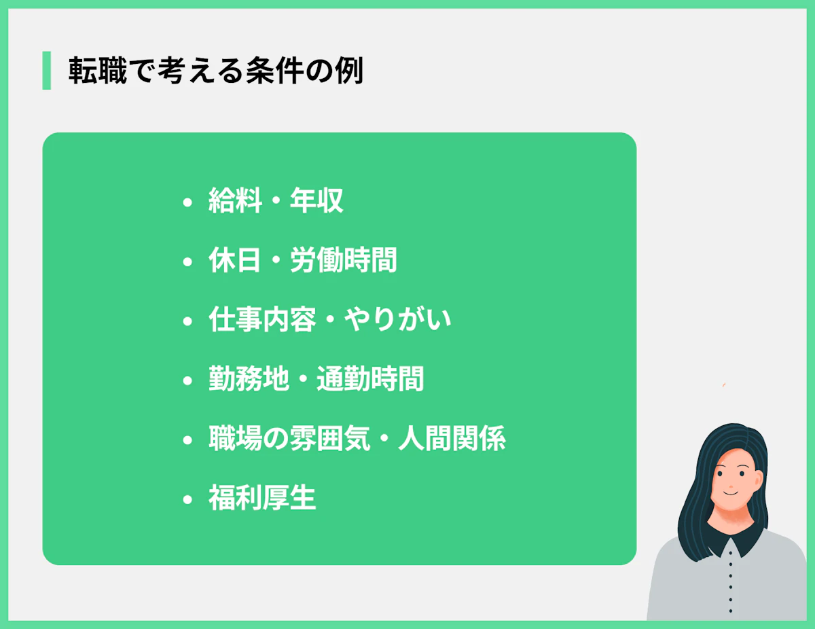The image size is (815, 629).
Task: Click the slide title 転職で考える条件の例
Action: (216, 71)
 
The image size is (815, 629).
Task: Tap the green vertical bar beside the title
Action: (46, 71)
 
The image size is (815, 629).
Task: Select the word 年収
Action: (316, 201)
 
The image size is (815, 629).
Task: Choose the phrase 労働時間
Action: (343, 261)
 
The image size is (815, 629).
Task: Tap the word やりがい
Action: (397, 320)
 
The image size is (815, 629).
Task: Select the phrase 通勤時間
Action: (370, 379)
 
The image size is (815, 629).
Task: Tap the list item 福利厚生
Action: (262, 499)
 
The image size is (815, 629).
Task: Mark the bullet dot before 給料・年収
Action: (187, 202)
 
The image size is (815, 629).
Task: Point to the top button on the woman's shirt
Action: (730, 552)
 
